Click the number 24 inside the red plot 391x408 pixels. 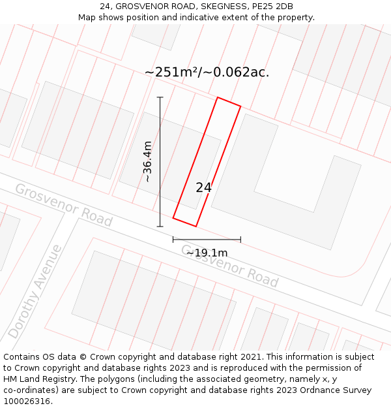[x=203, y=187]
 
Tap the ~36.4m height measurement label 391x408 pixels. [x=148, y=161]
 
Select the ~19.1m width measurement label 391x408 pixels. [x=207, y=253]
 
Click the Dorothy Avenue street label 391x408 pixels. [x=35, y=292]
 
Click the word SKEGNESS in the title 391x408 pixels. [x=216, y=7]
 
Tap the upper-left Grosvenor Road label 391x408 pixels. [x=63, y=205]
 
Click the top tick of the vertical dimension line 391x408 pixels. [x=160, y=97]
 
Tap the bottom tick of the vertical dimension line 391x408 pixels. [x=160, y=227]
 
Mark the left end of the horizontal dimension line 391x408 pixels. [x=173, y=240]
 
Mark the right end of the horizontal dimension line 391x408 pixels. [x=240, y=240]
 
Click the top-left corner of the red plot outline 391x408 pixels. [x=218, y=98]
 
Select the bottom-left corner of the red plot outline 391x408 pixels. [x=173, y=217]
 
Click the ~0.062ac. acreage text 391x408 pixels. [x=237, y=72]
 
